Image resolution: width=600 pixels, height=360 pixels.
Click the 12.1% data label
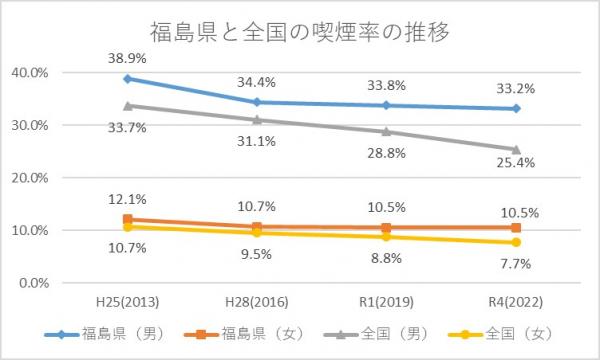(x=127, y=200)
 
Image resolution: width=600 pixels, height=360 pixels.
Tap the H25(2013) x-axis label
(x=127, y=301)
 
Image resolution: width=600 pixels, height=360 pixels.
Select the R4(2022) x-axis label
(x=515, y=301)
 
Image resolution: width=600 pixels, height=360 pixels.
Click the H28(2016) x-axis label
(x=256, y=301)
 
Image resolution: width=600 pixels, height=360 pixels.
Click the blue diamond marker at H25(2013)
(x=127, y=79)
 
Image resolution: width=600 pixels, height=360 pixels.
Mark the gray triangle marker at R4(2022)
(x=515, y=149)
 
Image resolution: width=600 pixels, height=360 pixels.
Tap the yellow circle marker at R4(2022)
(x=515, y=242)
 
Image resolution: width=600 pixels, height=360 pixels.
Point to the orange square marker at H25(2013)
(x=127, y=219)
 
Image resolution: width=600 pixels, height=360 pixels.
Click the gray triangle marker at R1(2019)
(x=386, y=131)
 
